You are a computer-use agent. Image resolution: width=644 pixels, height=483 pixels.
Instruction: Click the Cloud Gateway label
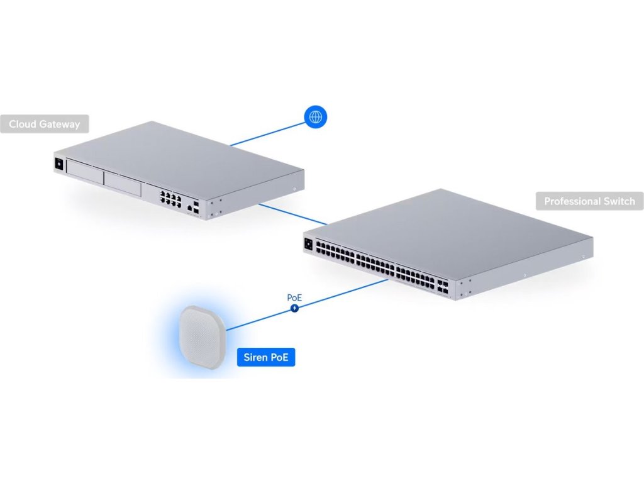45,124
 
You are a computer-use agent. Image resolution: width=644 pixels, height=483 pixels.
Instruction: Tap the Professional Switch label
589,201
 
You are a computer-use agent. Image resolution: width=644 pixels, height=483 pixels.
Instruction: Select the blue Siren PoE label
265,358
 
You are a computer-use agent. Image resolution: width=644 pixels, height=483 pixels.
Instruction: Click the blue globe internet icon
316,116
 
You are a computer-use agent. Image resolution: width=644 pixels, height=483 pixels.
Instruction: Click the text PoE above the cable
294,297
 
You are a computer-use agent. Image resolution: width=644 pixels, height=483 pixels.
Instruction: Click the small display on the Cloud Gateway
60,163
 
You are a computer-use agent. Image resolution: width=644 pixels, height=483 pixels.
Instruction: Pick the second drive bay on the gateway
123,184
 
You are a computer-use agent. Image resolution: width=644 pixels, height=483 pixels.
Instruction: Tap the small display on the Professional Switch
309,244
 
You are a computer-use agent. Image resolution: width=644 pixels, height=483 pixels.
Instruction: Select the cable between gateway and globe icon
267,133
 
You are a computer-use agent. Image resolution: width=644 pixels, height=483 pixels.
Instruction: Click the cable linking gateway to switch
292,213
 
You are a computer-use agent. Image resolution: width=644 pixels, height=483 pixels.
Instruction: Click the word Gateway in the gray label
62,124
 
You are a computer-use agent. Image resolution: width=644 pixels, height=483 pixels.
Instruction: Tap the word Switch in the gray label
620,201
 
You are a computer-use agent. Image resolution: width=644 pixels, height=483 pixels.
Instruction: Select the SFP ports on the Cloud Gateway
197,209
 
